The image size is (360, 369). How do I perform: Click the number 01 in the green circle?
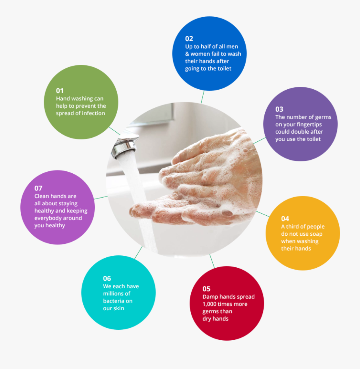pyautogui.click(x=60, y=91)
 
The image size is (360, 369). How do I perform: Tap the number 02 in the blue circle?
pyautogui.click(x=189, y=39)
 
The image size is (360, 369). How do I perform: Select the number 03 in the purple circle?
pyautogui.click(x=279, y=109)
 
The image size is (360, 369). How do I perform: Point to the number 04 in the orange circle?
pyautogui.click(x=285, y=219)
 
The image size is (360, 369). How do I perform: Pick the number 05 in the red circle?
pyautogui.click(x=206, y=289)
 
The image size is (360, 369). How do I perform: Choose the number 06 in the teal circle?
pyautogui.click(x=107, y=279)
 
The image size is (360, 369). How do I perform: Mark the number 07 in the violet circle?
pyautogui.click(x=38, y=188)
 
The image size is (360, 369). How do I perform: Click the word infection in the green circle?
pyautogui.click(x=94, y=113)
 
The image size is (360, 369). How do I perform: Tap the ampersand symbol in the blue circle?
pyautogui.click(x=187, y=54)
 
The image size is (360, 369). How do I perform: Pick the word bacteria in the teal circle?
pyautogui.click(x=114, y=301)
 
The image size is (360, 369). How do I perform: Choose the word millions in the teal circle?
pyautogui.click(x=114, y=294)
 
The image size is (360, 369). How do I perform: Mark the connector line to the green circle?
pyautogui.click(x=114, y=130)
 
